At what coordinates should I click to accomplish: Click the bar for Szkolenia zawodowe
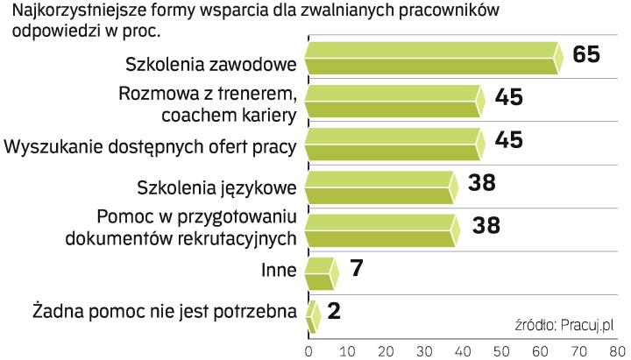pyautogui.click(x=431, y=59)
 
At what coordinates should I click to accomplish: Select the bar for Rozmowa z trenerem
pyautogui.click(x=393, y=101)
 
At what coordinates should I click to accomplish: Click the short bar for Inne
pyautogui.click(x=318, y=272)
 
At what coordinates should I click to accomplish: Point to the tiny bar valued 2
pyautogui.click(x=311, y=315)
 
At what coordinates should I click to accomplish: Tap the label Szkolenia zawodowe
pyautogui.click(x=211, y=63)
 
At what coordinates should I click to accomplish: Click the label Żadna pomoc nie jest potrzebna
pyautogui.click(x=164, y=312)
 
